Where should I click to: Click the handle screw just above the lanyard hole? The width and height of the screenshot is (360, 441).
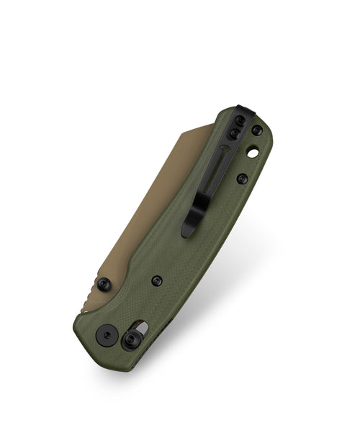click(256, 131)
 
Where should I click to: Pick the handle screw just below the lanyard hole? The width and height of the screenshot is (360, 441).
click(243, 178)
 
